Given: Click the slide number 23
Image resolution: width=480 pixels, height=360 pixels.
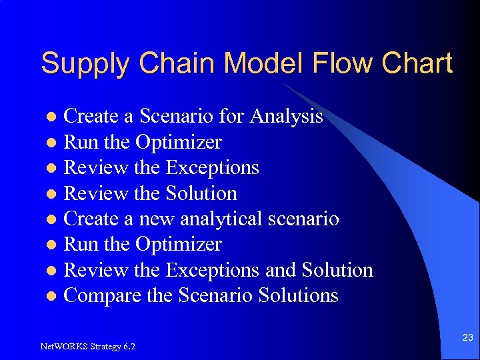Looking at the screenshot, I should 467,338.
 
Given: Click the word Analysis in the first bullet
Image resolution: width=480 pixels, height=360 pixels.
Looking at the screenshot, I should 286,117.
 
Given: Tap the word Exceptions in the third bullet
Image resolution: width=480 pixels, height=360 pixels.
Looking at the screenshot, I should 212,167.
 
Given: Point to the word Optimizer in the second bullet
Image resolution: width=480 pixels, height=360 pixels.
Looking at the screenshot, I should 179,143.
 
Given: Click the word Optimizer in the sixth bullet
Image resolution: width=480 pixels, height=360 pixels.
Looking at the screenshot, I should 179,245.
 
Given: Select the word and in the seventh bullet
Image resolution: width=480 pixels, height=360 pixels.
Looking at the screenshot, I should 281,270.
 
